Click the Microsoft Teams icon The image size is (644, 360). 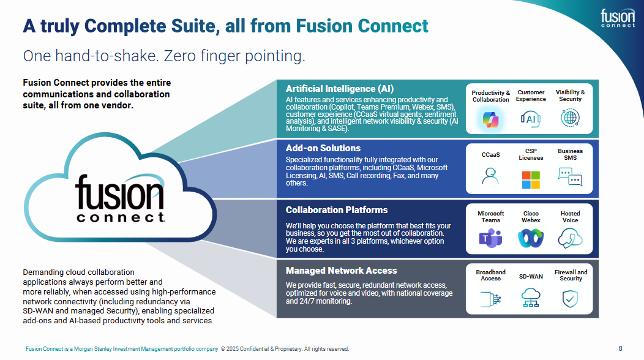pyautogui.click(x=490, y=238)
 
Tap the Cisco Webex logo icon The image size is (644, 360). pyautogui.click(x=530, y=238)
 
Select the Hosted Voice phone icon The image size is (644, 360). pyautogui.click(x=570, y=238)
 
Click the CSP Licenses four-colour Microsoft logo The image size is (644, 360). pyautogui.click(x=531, y=179)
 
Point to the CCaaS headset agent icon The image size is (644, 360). pyautogui.click(x=490, y=176)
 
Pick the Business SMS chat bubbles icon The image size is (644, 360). pyautogui.click(x=570, y=176)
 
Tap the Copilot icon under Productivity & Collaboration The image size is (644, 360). pyautogui.click(x=490, y=118)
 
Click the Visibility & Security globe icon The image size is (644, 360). pyautogui.click(x=570, y=118)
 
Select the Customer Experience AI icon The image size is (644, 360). pyautogui.click(x=531, y=118)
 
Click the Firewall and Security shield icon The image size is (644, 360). pyautogui.click(x=571, y=298)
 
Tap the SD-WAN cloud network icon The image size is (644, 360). pyautogui.click(x=531, y=298)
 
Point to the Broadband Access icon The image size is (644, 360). pyautogui.click(x=490, y=298)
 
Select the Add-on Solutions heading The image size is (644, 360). pyautogui.click(x=323, y=148)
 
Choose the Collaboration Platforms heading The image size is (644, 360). pyautogui.click(x=337, y=210)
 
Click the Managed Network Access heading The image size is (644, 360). pyautogui.click(x=341, y=271)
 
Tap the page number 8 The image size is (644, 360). pyautogui.click(x=620, y=348)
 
